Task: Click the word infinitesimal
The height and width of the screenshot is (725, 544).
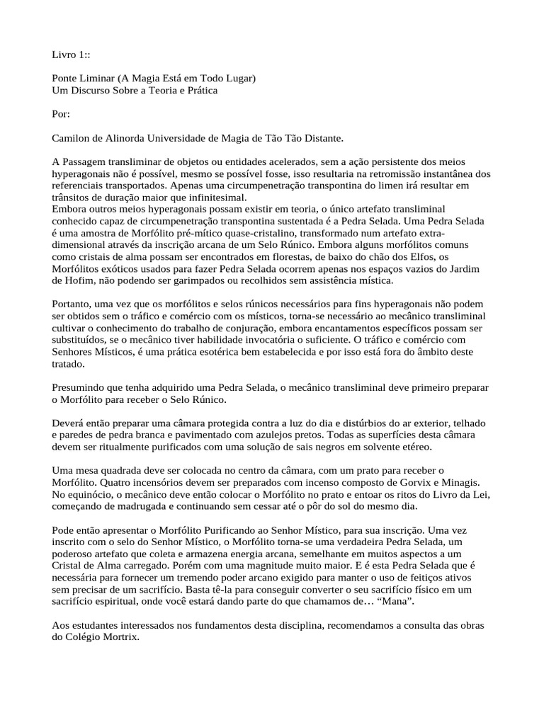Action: pos(213,198)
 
